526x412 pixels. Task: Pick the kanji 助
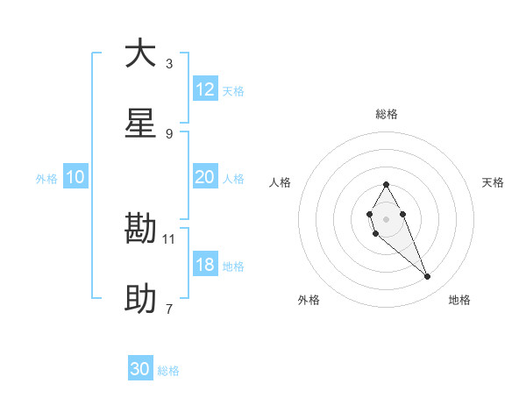click(140, 300)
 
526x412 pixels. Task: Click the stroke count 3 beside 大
click(169, 63)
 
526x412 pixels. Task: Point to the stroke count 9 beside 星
click(169, 133)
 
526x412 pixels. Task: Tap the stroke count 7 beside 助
click(169, 309)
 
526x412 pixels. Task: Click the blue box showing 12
click(205, 89)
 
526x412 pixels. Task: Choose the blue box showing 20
click(205, 177)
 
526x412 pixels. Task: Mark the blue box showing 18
click(205, 265)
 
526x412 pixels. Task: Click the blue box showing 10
click(75, 177)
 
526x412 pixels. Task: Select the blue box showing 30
click(140, 370)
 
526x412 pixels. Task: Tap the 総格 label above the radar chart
click(386, 114)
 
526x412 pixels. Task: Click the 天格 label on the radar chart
click(494, 182)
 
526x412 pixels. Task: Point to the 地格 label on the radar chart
click(459, 300)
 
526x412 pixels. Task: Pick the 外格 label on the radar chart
click(309, 300)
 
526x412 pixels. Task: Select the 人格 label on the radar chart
click(281, 182)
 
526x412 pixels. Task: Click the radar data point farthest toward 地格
click(428, 277)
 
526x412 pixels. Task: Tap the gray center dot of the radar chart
click(386, 217)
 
